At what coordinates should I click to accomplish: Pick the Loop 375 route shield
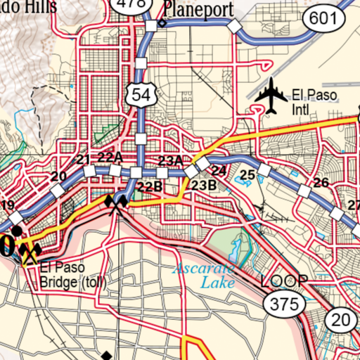click(285, 303)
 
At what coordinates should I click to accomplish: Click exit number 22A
click(110, 157)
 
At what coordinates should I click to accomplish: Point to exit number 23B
click(203, 185)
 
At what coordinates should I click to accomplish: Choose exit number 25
click(247, 175)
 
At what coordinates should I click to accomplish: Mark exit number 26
click(321, 183)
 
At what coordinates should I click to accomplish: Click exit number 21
click(84, 160)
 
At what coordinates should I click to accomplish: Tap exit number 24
click(219, 171)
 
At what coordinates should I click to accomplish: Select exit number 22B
click(149, 186)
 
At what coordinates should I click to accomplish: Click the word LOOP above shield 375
click(284, 281)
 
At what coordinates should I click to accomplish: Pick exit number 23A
click(170, 160)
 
